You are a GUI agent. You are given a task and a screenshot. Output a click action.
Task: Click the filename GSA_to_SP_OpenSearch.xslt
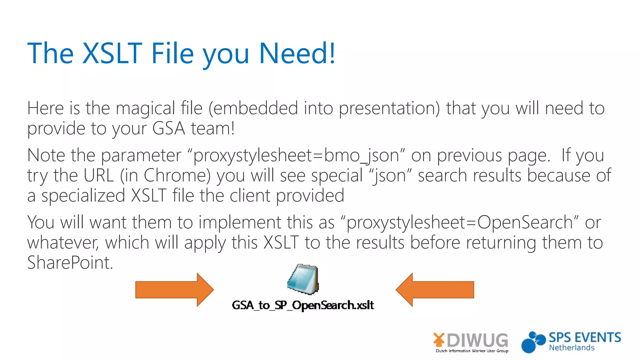click(302, 305)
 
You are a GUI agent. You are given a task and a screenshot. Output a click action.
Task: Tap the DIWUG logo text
click(477, 340)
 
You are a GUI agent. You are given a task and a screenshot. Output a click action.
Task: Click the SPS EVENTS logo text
click(585, 338)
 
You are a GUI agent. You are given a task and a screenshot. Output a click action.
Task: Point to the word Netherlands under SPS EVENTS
click(572, 348)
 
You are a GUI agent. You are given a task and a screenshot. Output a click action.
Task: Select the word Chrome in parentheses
click(177, 175)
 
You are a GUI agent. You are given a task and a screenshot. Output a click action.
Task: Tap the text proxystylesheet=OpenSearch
click(459, 222)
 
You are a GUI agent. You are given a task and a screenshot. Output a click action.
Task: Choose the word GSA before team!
click(169, 128)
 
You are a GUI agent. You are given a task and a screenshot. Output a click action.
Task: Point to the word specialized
click(83, 196)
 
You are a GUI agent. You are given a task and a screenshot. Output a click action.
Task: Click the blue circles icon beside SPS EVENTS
click(532, 342)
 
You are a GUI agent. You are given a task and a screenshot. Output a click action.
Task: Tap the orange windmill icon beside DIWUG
click(439, 340)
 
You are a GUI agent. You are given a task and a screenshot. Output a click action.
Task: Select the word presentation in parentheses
click(389, 108)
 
